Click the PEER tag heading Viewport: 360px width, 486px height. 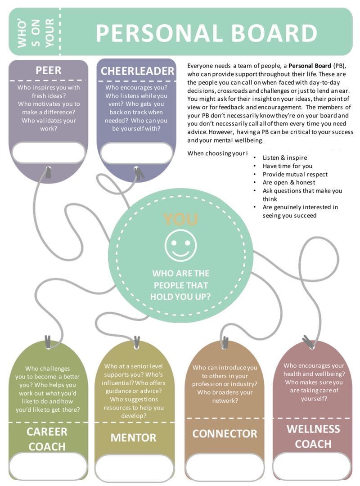click(49, 71)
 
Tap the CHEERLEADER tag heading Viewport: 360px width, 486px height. click(137, 71)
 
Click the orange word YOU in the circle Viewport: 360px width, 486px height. click(180, 219)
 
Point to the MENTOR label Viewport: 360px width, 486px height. click(134, 437)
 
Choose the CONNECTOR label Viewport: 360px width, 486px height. click(225, 434)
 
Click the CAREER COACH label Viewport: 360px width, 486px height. click(47, 439)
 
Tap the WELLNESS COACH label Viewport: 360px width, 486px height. click(313, 436)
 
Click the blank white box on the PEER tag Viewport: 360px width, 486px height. click(49, 153)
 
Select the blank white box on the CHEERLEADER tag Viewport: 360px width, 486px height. click(136, 153)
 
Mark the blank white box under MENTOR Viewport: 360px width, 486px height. click(134, 467)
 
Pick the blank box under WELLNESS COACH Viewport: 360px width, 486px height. click(312, 466)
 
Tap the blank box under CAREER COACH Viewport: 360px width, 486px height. click(48, 466)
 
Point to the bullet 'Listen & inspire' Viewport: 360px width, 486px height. click(284, 158)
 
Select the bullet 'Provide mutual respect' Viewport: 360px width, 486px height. click(295, 174)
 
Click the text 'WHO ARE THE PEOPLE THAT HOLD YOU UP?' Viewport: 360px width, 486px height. click(180, 285)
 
